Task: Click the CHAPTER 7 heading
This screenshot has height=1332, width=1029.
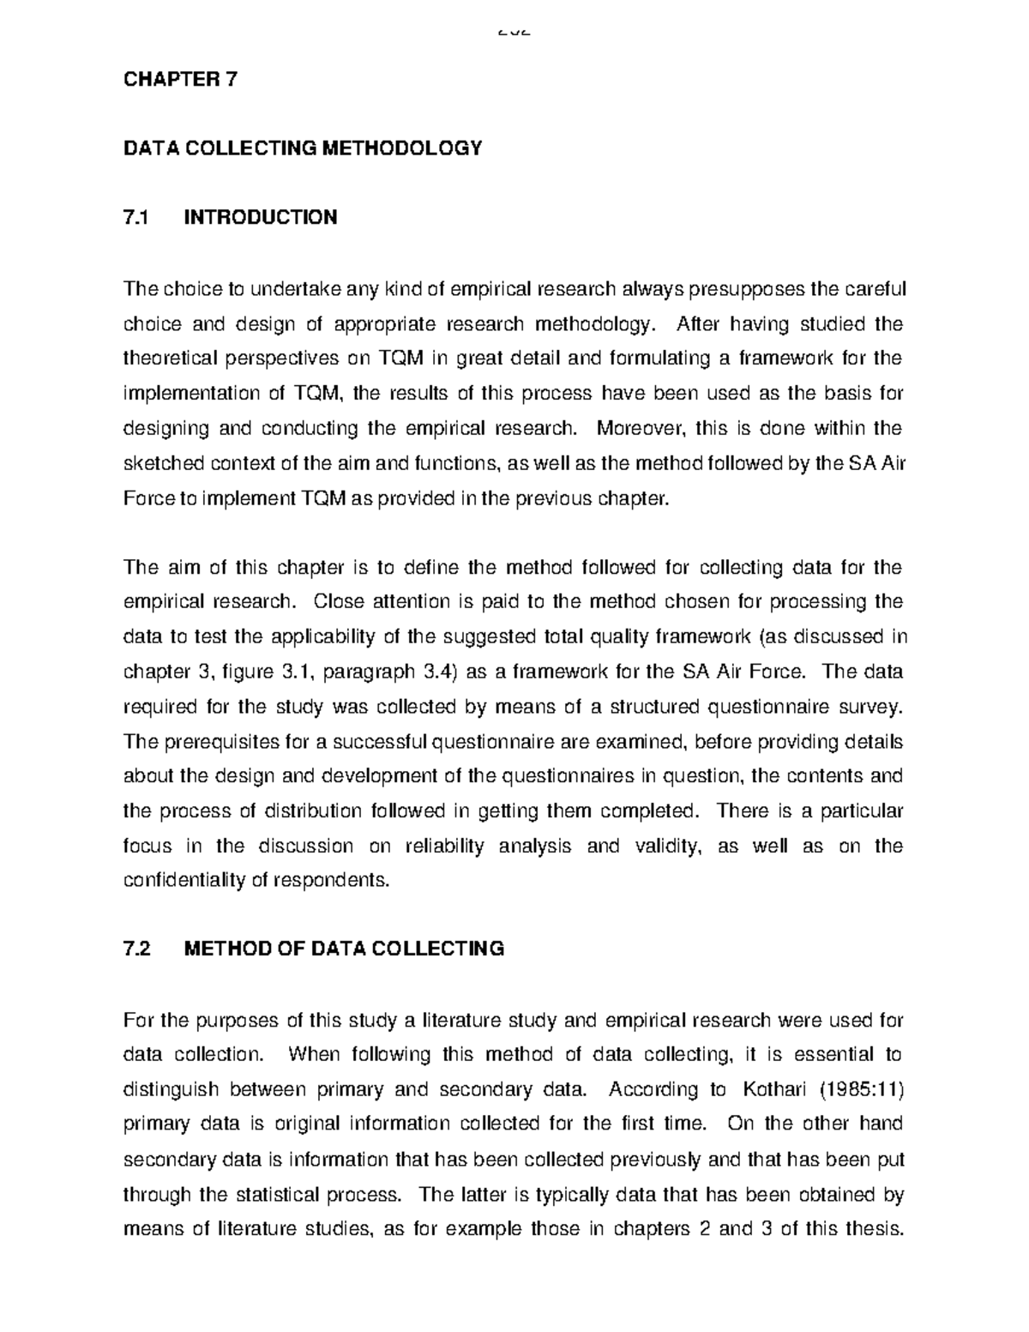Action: tap(181, 80)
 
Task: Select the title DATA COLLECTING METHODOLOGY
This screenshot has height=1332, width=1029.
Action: tap(303, 148)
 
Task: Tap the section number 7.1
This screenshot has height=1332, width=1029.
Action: tap(136, 217)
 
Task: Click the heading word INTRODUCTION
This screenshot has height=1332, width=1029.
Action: tap(261, 217)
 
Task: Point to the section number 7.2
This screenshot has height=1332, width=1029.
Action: tap(137, 949)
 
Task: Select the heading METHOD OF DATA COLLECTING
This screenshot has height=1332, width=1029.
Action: tap(345, 949)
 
